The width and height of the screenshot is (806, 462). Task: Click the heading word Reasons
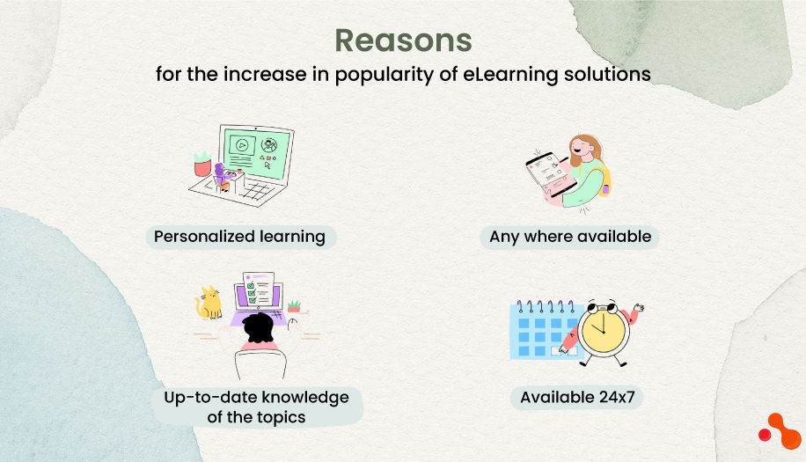pos(403,41)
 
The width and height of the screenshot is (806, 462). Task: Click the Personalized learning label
pos(239,237)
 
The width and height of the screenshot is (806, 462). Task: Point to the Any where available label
pos(570,237)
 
